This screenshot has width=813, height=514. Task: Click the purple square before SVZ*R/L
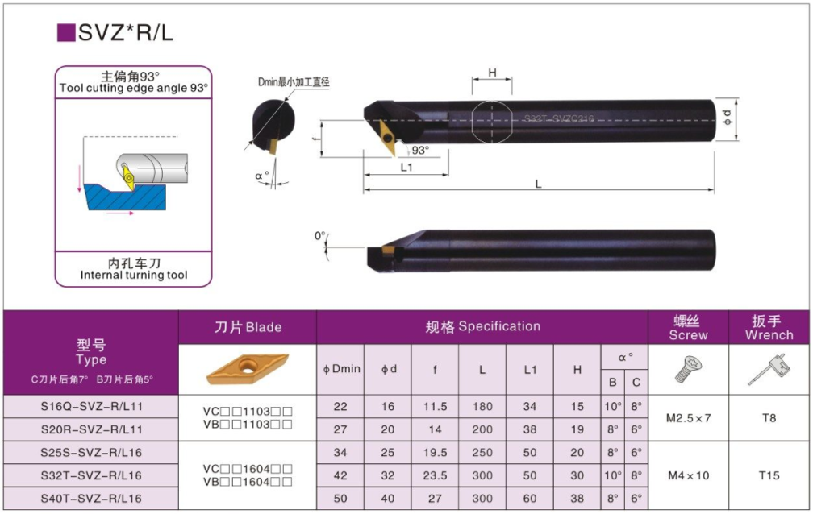pyautogui.click(x=66, y=32)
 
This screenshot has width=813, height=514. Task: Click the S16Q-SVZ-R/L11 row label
pyautogui.click(x=91, y=407)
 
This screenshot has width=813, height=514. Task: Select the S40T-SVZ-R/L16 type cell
pyautogui.click(x=91, y=499)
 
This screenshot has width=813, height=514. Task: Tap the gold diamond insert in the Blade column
pyautogui.click(x=247, y=370)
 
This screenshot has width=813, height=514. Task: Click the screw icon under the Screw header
pyautogui.click(x=688, y=370)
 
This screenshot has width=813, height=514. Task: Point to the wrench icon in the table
pyautogui.click(x=769, y=370)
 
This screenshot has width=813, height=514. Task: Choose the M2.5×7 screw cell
pyautogui.click(x=688, y=418)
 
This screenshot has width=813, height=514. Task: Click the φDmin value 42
pyautogui.click(x=340, y=475)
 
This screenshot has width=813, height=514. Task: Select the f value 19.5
pyautogui.click(x=435, y=453)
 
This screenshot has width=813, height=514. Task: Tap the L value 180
pyautogui.click(x=482, y=407)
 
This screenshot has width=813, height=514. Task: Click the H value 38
pyautogui.click(x=577, y=499)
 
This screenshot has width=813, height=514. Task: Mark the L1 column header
pyautogui.click(x=530, y=370)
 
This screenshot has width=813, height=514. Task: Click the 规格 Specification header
pyautogui.click(x=482, y=326)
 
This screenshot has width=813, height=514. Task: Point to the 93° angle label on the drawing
pyautogui.click(x=420, y=151)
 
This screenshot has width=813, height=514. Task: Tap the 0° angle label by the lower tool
pyautogui.click(x=319, y=236)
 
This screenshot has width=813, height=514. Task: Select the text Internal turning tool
pyautogui.click(x=134, y=276)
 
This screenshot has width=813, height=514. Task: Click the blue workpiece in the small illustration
pyautogui.click(x=121, y=197)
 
